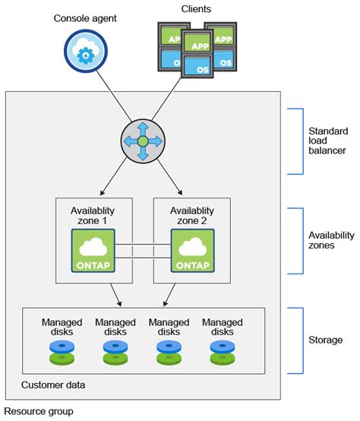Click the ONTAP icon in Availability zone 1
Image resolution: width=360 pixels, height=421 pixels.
click(x=94, y=251)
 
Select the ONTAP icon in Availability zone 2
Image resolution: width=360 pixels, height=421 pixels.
click(x=193, y=251)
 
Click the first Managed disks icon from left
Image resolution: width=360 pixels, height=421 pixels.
click(x=62, y=350)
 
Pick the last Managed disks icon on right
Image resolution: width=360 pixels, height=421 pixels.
click(x=222, y=350)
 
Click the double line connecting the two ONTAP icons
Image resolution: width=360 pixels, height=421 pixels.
click(x=144, y=251)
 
